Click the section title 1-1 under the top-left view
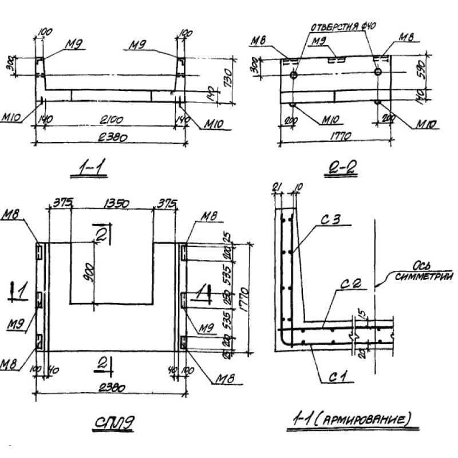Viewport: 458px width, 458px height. (x=92, y=168)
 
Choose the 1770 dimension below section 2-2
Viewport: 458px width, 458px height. (x=340, y=136)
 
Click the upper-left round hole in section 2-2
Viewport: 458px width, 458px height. (x=294, y=76)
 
